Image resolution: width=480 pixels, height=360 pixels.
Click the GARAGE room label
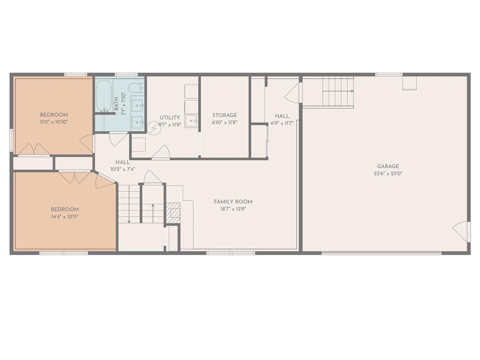coord(388,166)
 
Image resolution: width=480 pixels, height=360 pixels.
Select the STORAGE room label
coord(225,115)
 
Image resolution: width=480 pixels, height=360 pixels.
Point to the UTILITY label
coord(170,118)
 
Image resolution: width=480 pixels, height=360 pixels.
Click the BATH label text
coord(116,104)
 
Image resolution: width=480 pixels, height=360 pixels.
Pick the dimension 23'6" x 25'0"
coord(388,173)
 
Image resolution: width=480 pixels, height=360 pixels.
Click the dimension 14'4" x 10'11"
coord(65,217)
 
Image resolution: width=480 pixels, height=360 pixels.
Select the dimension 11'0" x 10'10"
coord(53,122)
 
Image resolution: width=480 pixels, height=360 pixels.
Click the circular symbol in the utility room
coord(154,128)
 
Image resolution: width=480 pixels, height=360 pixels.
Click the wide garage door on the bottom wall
coord(382,253)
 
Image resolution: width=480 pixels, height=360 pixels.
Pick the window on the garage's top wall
coord(389,74)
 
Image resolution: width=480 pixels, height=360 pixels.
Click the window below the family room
coord(231,253)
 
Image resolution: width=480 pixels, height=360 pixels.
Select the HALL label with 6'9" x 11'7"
coord(282,116)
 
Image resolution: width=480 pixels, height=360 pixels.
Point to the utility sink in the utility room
coord(192,121)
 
